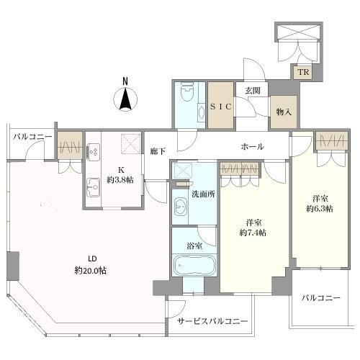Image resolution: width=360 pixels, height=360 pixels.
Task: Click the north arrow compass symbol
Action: pyautogui.click(x=125, y=99)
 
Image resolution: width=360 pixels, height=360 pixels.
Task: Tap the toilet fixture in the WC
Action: pyautogui.click(x=187, y=92)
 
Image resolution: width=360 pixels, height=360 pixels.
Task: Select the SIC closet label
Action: pyautogui.click(x=221, y=106)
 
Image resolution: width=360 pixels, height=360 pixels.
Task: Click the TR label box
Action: pyautogui.click(x=304, y=72)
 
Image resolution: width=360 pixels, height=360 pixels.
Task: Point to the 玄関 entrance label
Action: pyautogui.click(x=253, y=91)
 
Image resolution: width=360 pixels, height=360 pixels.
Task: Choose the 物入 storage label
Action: pyautogui.click(x=284, y=112)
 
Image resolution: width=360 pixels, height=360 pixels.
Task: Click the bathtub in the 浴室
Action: pyautogui.click(x=194, y=265)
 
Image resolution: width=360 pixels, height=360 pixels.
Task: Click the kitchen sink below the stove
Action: pyautogui.click(x=93, y=187)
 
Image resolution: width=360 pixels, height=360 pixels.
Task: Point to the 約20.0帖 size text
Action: pyautogui.click(x=91, y=271)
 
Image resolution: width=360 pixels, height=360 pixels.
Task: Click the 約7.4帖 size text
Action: pyautogui.click(x=253, y=233)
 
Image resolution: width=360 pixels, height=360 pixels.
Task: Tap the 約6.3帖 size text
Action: pyautogui.click(x=320, y=209)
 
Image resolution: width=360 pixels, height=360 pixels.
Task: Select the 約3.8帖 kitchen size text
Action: pyautogui.click(x=120, y=180)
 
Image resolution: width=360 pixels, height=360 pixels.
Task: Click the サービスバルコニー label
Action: pyautogui.click(x=212, y=321)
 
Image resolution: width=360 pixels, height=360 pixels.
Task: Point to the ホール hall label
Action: pyautogui.click(x=253, y=146)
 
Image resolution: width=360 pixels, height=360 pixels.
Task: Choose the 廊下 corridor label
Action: pyautogui.click(x=158, y=151)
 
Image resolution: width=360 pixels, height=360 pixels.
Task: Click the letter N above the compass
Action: pyautogui.click(x=125, y=81)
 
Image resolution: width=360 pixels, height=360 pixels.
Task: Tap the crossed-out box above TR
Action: pyautogui.click(x=298, y=32)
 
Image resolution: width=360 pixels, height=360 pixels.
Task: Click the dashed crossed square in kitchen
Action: pyautogui.click(x=130, y=143)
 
